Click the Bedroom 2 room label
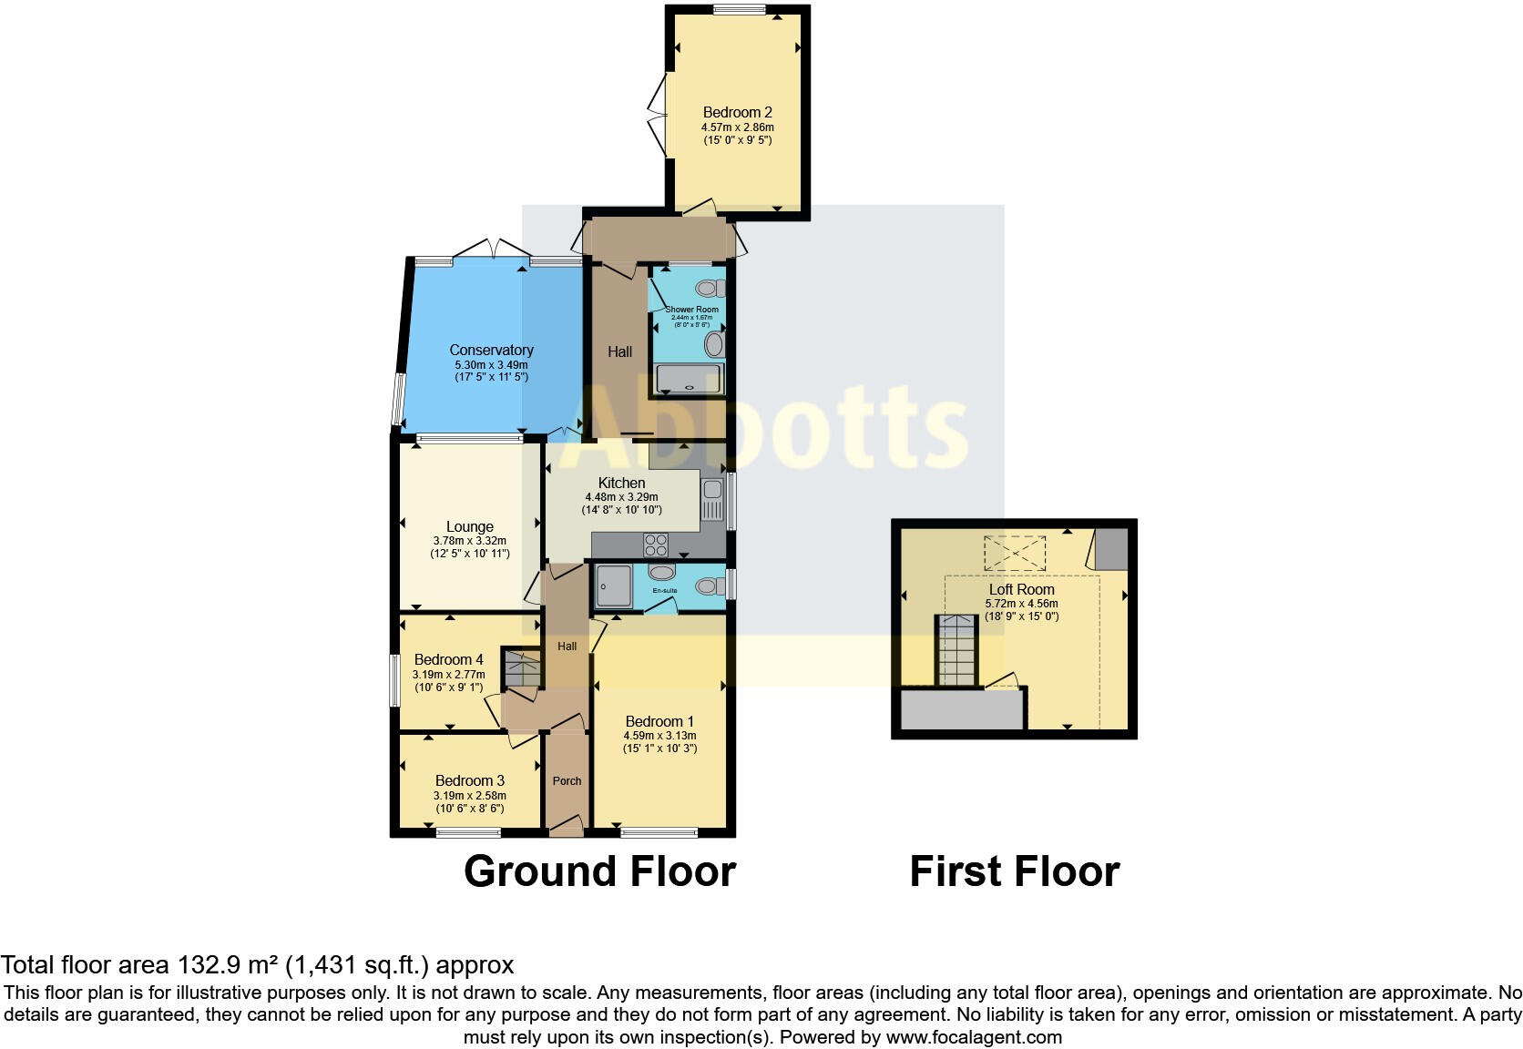(x=737, y=113)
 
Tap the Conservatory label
(x=491, y=350)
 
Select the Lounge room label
(x=469, y=526)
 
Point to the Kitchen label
(x=621, y=483)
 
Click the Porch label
(x=567, y=780)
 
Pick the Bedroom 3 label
(x=469, y=780)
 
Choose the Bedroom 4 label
(x=448, y=659)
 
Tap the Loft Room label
(x=1021, y=589)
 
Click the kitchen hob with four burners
(x=656, y=545)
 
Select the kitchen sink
(x=711, y=499)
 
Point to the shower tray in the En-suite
(x=613, y=586)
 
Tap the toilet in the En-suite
(x=708, y=586)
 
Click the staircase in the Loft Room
(x=956, y=650)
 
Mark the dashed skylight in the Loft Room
(x=1014, y=553)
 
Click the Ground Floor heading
(x=599, y=871)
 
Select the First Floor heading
(x=1014, y=871)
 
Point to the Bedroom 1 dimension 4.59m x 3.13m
(x=659, y=736)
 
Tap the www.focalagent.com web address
(x=974, y=1036)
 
